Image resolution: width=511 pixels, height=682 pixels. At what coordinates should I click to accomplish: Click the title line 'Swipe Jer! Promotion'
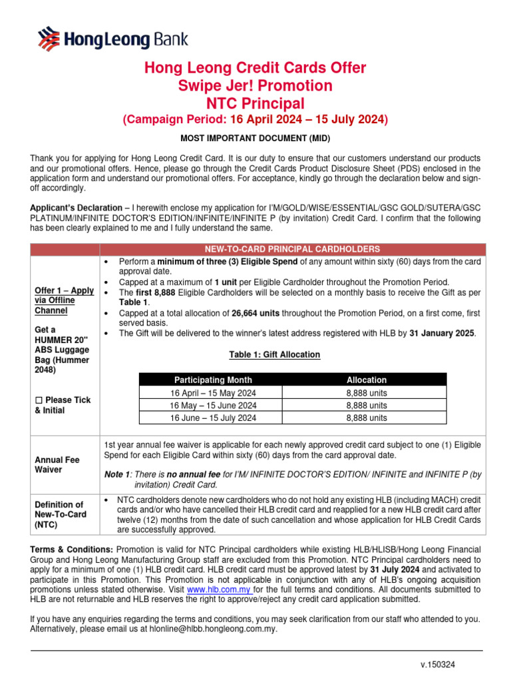click(255, 86)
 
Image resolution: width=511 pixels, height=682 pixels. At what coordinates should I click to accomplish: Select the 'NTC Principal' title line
click(255, 103)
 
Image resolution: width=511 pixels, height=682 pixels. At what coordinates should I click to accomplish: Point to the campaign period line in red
click(255, 120)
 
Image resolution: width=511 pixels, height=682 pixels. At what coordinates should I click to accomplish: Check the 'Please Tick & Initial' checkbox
click(39, 400)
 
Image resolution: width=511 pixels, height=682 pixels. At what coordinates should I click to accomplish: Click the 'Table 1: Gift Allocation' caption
click(274, 355)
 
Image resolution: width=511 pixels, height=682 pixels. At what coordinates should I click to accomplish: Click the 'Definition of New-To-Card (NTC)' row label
click(60, 514)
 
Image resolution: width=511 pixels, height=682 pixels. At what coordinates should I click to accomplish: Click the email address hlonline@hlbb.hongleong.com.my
click(216, 629)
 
